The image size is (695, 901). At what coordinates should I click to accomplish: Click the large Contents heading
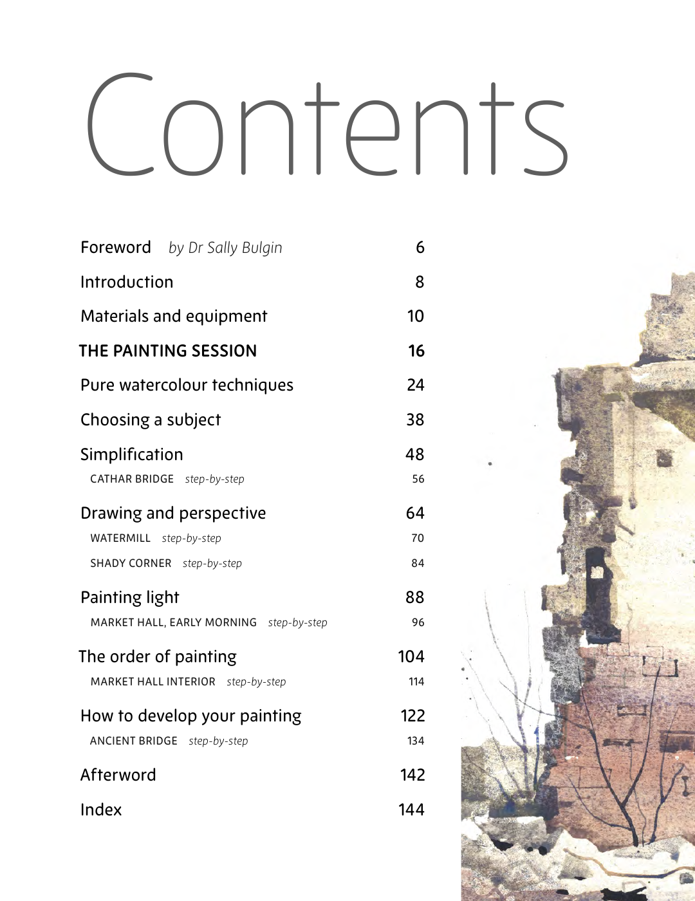coord(327,125)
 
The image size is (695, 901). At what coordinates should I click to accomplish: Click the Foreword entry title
coord(116,248)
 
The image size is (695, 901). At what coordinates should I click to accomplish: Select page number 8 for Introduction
coord(420,282)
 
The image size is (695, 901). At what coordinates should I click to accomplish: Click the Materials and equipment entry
coord(174,317)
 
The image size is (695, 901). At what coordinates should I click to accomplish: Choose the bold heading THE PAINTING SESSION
coord(168,351)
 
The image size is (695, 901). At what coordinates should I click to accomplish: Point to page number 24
coord(416,385)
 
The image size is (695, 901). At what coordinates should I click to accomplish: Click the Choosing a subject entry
coord(151,420)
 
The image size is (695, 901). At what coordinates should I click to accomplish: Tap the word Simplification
coord(132,454)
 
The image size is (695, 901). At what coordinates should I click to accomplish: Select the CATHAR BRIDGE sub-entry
coord(132,479)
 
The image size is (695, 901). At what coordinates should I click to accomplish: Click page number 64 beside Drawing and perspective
coord(415,513)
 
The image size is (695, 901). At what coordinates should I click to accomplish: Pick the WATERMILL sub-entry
coord(120,538)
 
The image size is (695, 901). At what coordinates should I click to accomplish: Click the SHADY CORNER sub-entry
coord(131,563)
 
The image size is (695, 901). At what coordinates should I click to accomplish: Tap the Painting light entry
coord(130,598)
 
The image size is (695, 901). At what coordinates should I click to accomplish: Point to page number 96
coord(418,622)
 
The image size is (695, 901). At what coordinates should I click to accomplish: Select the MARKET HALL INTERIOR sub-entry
coord(153,682)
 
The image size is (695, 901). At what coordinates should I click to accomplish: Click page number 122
coord(412,716)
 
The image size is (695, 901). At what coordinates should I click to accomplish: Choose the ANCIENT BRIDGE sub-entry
coord(134,741)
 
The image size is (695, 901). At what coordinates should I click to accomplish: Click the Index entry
coord(101,810)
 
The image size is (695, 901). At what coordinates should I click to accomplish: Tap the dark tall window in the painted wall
coord(597,576)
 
